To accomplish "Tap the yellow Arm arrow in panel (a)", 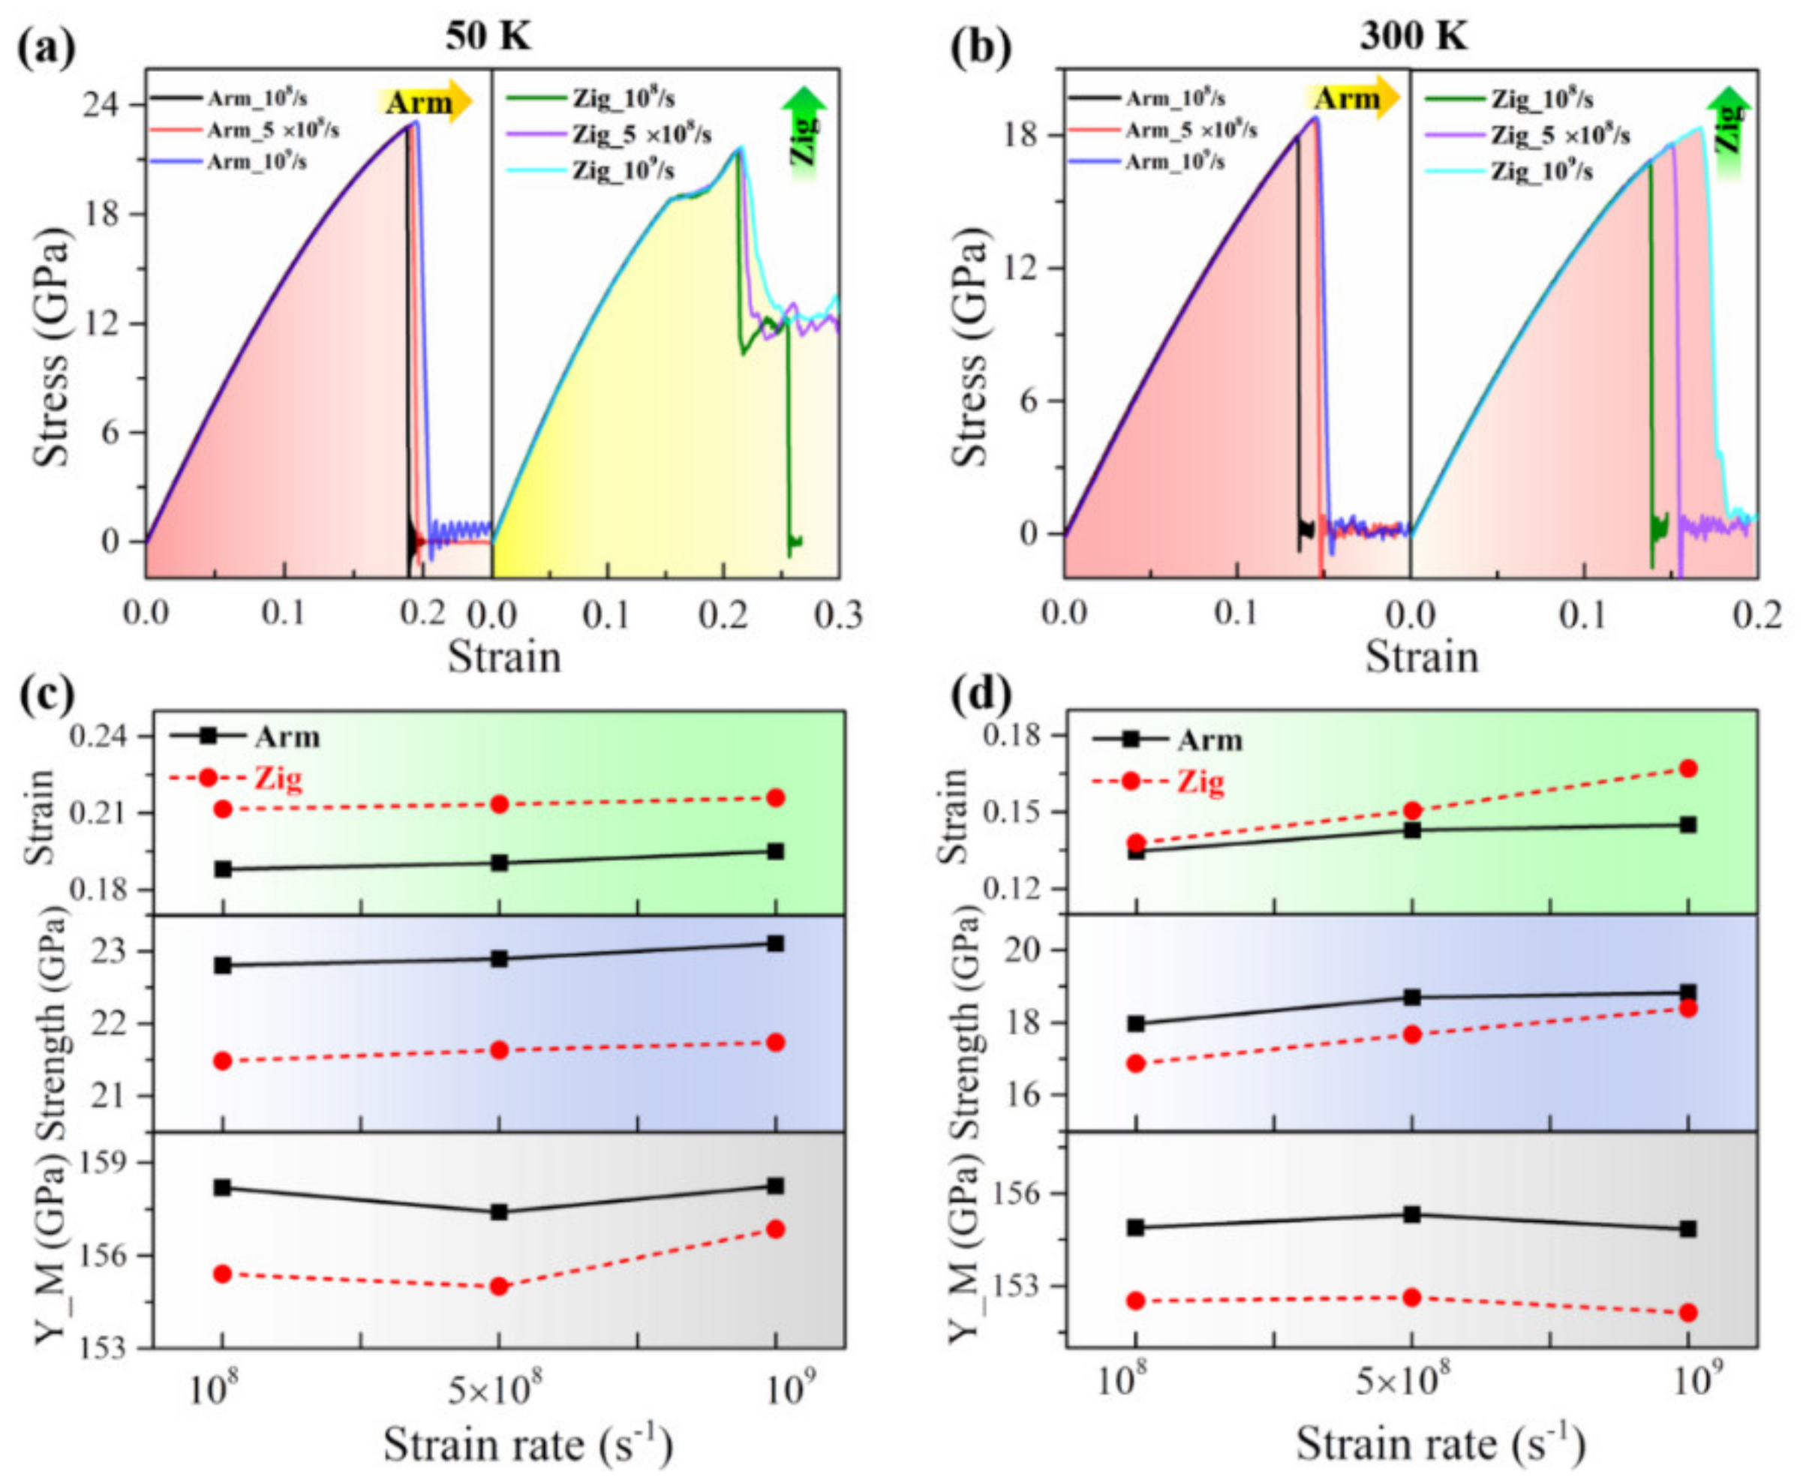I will [x=424, y=102].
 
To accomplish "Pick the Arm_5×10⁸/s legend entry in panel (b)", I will [x=1190, y=130].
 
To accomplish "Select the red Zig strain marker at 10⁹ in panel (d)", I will [x=1687, y=768].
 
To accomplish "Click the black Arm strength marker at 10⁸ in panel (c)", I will [x=222, y=965].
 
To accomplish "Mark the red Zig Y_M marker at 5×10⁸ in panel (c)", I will [x=500, y=1286].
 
